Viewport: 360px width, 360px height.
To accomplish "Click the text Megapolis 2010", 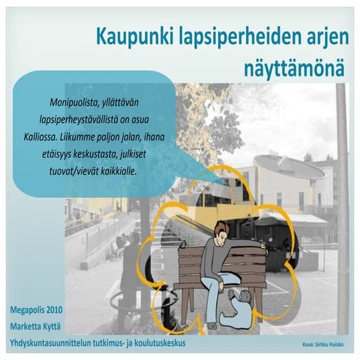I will [x=37, y=308].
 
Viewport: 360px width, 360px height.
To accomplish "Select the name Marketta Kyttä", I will [x=37, y=325].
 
